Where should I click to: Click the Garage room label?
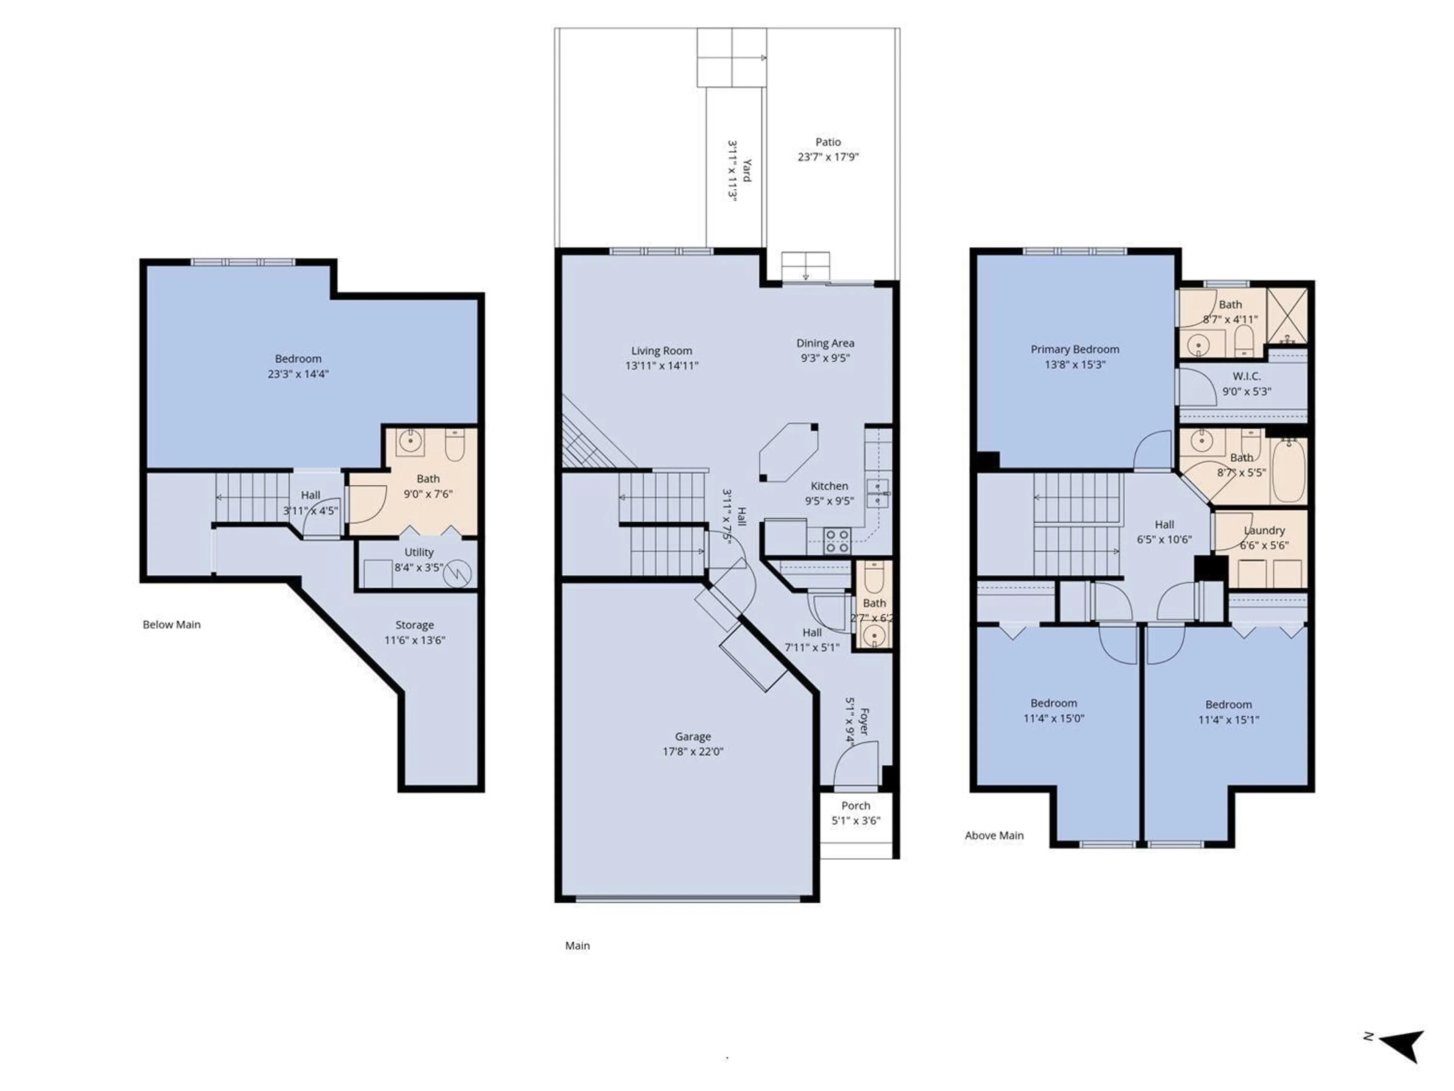click(x=693, y=736)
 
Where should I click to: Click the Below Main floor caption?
click(x=172, y=625)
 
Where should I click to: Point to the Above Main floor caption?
click(x=994, y=836)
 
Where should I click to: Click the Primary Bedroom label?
click(x=1075, y=349)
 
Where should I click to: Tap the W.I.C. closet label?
click(x=1246, y=376)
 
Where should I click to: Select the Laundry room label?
click(x=1264, y=530)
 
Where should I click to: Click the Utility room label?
click(x=419, y=552)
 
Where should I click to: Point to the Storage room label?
click(x=414, y=625)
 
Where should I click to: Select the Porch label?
click(x=855, y=806)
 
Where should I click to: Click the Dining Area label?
click(x=825, y=343)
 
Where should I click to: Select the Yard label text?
click(x=747, y=170)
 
